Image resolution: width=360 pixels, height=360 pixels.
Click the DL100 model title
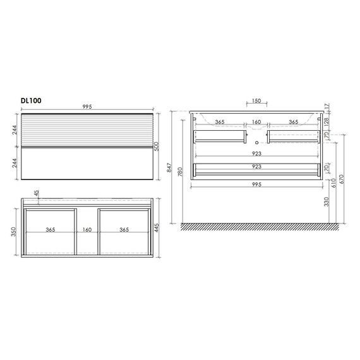tap(31, 100)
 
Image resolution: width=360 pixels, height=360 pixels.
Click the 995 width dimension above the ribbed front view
tap(87, 107)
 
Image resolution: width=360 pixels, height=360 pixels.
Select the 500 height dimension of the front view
tap(157, 147)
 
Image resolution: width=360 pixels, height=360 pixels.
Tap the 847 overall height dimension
tap(169, 167)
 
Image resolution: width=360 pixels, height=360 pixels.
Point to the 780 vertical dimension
tap(180, 172)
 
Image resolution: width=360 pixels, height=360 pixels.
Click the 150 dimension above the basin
tap(256, 101)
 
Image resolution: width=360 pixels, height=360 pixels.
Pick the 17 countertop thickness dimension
tap(327, 106)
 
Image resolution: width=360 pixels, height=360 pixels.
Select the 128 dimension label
tap(327, 121)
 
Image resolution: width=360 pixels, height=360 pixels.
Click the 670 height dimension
tap(342, 179)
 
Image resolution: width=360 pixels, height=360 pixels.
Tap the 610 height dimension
tap(333, 183)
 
